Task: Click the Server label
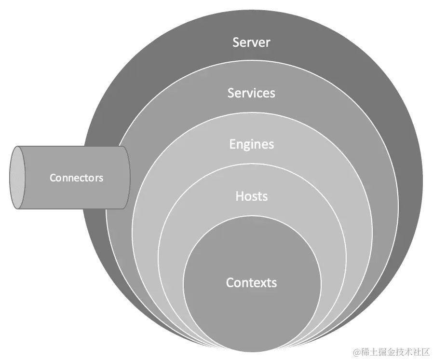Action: (x=251, y=42)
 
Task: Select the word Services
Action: (x=251, y=93)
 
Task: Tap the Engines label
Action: (x=251, y=144)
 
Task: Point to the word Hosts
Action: (x=251, y=196)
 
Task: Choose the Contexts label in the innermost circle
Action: (x=251, y=282)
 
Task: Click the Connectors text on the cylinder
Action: (x=76, y=178)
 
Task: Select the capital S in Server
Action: (x=236, y=42)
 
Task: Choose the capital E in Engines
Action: (x=232, y=144)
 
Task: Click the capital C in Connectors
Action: (x=53, y=178)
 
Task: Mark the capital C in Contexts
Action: (x=230, y=282)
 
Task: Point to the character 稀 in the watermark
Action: (x=364, y=351)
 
